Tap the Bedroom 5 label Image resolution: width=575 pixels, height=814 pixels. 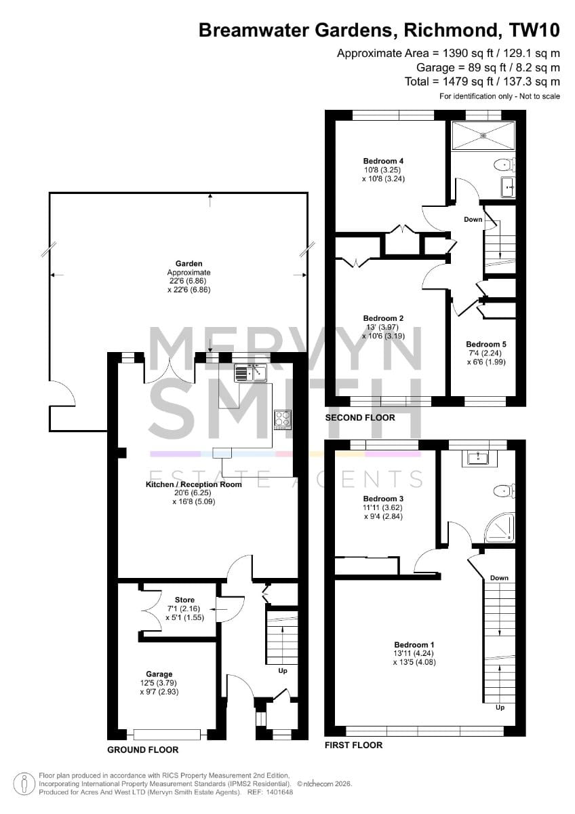tap(486, 344)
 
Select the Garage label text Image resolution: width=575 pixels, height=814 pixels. tap(159, 674)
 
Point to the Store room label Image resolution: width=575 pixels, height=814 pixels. tap(184, 600)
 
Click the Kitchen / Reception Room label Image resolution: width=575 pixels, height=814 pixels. tap(194, 484)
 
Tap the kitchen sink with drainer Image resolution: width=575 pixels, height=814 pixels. tap(250, 373)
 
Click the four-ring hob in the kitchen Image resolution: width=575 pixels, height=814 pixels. tap(283, 420)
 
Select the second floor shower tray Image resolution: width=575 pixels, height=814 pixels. tap(483, 135)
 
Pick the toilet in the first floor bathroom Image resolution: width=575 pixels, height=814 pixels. tap(504, 491)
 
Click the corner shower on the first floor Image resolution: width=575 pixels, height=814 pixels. tap(502, 527)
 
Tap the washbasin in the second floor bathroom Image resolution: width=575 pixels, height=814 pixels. tap(509, 187)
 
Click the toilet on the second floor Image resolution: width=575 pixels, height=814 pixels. tap(504, 165)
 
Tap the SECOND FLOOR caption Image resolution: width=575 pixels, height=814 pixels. tap(360, 418)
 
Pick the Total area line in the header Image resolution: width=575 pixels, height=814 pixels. tap(482, 81)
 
